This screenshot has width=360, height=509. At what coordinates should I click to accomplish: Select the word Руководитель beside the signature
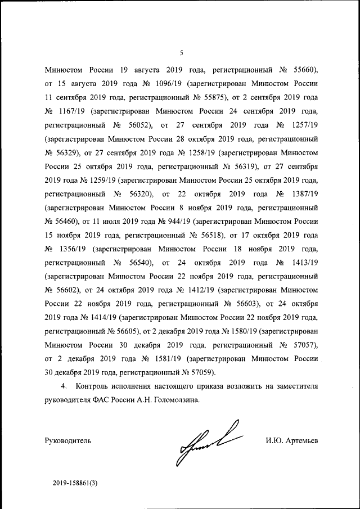tap(67, 440)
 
